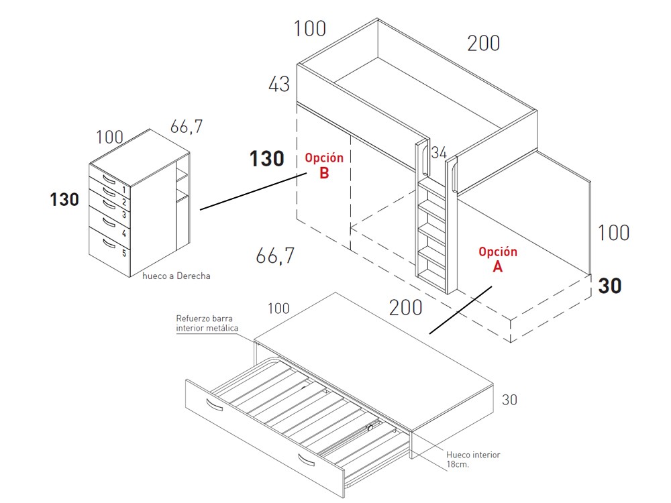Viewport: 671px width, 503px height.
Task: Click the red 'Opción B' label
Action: point(324,165)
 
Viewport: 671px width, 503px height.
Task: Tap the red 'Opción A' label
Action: point(498,259)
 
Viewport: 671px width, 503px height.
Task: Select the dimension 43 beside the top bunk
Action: point(279,84)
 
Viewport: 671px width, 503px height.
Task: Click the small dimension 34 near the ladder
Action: point(439,153)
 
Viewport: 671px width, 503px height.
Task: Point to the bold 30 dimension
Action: point(610,286)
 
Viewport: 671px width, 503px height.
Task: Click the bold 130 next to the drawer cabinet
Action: point(64,200)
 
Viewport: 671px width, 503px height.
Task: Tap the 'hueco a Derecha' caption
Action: point(176,276)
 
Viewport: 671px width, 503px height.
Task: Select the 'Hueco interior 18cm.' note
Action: point(473,459)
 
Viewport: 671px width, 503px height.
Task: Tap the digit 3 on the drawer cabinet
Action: point(124,215)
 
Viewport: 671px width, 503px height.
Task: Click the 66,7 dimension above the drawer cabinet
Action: point(186,127)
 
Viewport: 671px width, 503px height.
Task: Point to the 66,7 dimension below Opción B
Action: point(275,256)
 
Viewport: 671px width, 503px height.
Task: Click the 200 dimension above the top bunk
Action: point(484,43)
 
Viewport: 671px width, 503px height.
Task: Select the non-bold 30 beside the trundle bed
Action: point(509,400)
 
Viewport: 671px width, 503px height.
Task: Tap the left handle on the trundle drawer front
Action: point(214,404)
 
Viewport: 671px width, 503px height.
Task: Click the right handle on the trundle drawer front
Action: point(307,459)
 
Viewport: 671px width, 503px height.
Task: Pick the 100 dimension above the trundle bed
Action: point(278,308)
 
